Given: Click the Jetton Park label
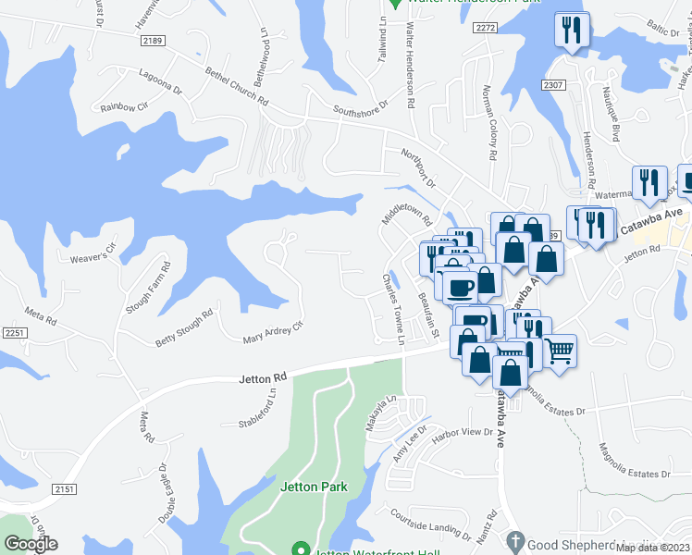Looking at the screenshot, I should pos(313,487).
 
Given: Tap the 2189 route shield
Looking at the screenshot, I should pos(153,41).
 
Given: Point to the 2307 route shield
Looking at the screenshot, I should pos(553,84).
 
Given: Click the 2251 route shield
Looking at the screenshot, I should pos(13,332).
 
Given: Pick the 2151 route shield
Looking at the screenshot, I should pos(62,488).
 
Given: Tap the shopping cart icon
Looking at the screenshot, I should pos(559,351).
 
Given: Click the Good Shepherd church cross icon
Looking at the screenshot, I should pos(516,540).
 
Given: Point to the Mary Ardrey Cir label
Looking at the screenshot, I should pos(273,331).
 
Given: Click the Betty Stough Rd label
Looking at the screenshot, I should pos(184,328).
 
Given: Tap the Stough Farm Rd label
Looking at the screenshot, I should pos(149,287).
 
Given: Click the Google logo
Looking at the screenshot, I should pos(30,544).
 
